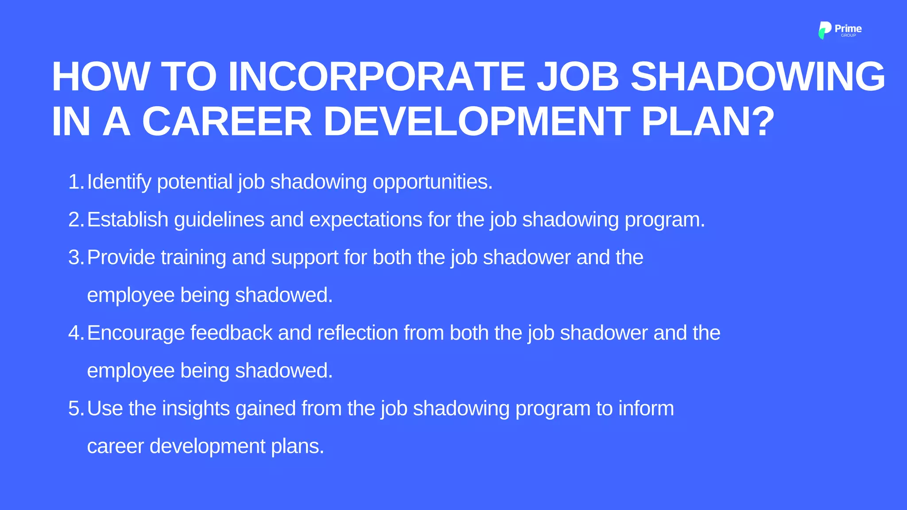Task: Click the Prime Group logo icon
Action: [825, 30]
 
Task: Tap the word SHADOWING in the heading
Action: [757, 77]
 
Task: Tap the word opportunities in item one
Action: [432, 182]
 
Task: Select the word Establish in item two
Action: [128, 220]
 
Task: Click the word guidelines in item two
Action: [219, 220]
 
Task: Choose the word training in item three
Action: [194, 258]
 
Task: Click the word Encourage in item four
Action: [136, 333]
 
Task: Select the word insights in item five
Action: [196, 409]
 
